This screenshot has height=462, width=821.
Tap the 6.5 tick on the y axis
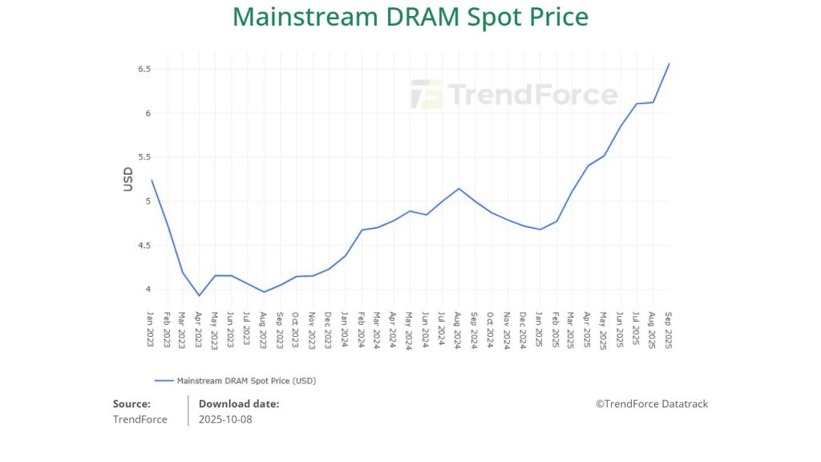(144, 69)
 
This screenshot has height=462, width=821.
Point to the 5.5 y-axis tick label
(144, 157)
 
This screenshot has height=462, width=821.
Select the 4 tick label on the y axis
(148, 290)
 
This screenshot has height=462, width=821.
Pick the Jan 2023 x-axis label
(151, 328)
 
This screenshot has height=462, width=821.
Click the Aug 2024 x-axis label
(458, 328)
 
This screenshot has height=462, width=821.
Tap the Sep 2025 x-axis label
(669, 328)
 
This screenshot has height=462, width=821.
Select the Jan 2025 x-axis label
(539, 328)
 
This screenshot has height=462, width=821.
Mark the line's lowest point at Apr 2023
(199, 296)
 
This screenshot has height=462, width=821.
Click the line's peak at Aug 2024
(458, 188)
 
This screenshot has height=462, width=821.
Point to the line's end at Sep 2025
(669, 63)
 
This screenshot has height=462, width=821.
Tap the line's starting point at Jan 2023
(151, 180)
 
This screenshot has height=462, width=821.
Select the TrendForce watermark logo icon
(426, 94)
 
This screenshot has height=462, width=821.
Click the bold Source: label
(131, 404)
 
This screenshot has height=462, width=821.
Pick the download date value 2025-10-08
(225, 419)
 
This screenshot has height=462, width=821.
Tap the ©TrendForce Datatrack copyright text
(652, 404)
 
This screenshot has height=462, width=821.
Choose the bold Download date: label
(239, 404)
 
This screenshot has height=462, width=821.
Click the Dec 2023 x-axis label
(329, 328)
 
